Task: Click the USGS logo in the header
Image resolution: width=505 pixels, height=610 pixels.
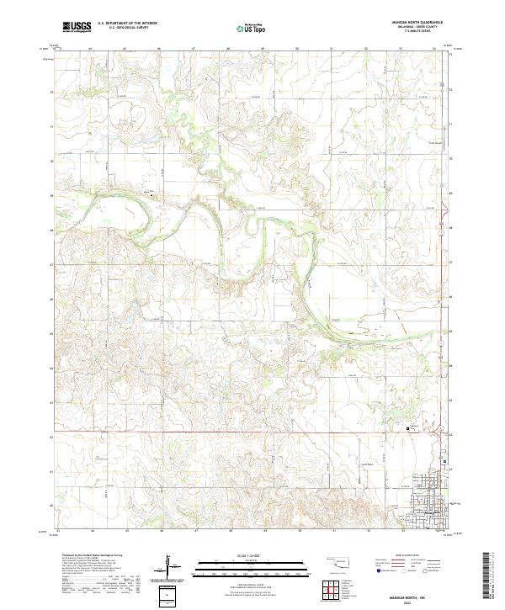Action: (77, 27)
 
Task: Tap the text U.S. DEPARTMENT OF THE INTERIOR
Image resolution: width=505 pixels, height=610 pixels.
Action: (127, 24)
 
